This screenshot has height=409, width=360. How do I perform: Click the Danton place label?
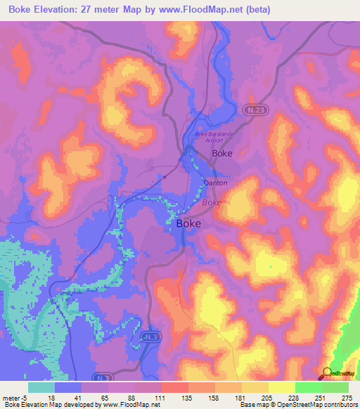coord(215,183)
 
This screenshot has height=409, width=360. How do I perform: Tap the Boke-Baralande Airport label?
coord(212,137)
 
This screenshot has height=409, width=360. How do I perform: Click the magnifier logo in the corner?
coord(326,373)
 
